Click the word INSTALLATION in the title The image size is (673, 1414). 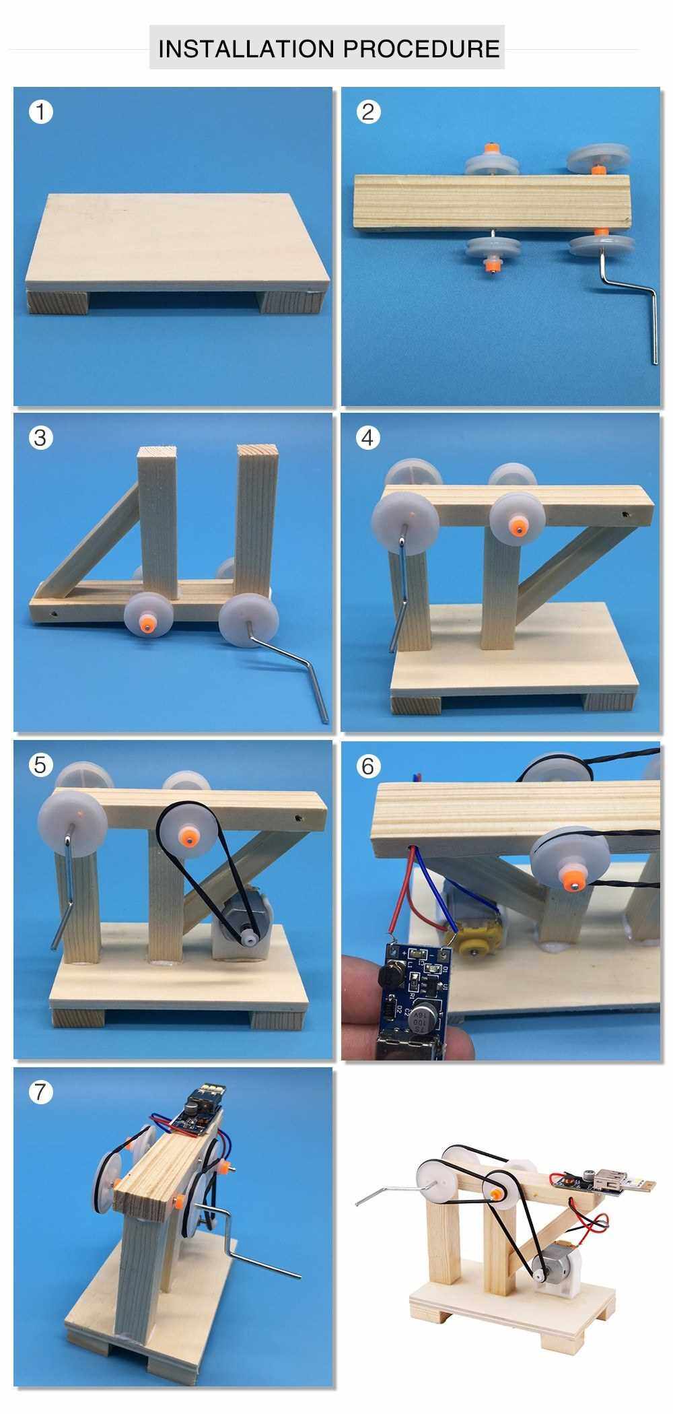pos(246,48)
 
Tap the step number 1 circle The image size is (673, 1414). pos(40,111)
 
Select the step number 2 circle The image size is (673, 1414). pos(367,111)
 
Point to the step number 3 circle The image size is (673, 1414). pos(40,438)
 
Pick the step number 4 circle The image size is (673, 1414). pos(367,438)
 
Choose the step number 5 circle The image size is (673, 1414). pos(40,765)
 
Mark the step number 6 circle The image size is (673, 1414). pos(367,766)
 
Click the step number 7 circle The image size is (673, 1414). pos(40,1091)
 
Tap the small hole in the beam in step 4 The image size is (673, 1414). pos(629,514)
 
